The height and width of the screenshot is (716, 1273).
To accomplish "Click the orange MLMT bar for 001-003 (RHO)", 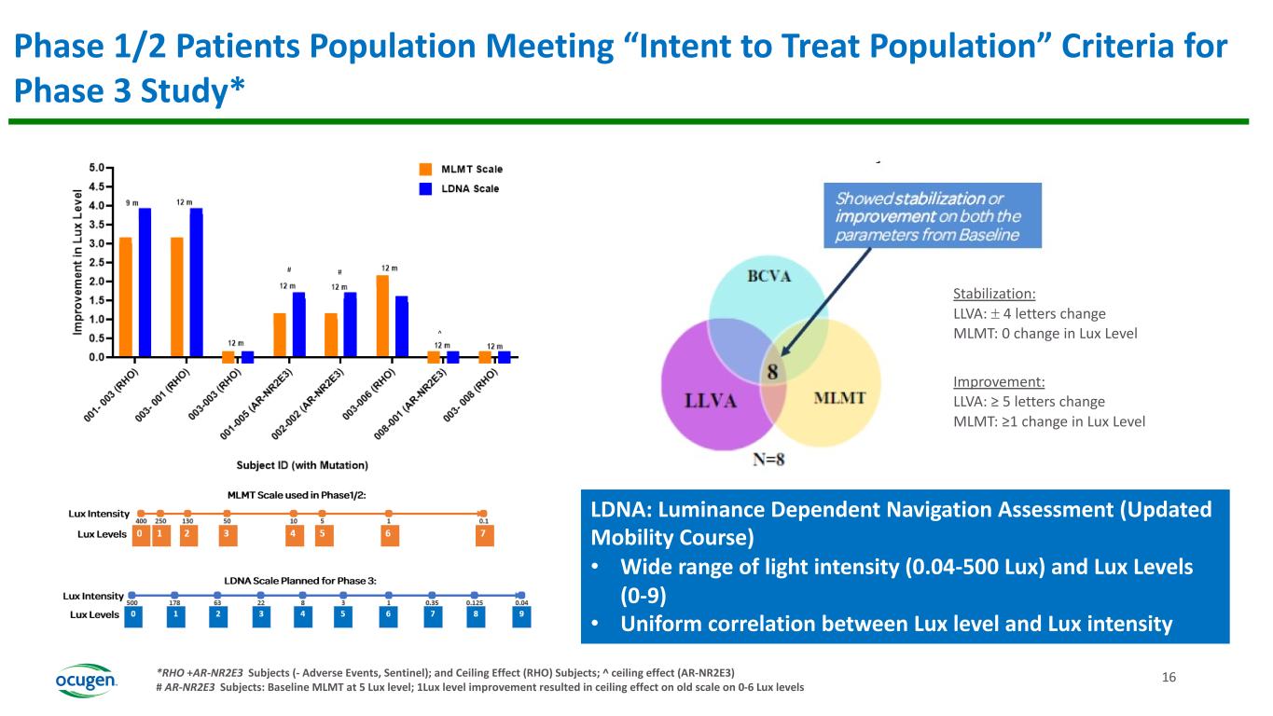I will (125, 296).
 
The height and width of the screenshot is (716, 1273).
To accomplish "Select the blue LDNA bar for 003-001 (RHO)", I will (196, 282).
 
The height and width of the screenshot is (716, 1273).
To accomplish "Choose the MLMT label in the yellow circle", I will (840, 398).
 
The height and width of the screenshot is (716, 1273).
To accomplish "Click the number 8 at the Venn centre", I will (772, 372).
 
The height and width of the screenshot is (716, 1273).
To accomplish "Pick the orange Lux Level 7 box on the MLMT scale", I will (482, 535).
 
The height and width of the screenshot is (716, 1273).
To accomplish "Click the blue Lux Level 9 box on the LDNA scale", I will (521, 615).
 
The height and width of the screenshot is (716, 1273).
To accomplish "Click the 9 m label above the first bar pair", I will (132, 202).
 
